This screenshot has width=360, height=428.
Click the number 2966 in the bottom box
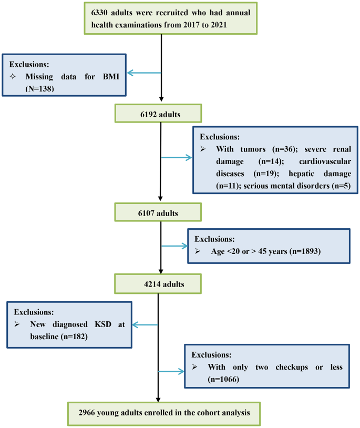point(95,414)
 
